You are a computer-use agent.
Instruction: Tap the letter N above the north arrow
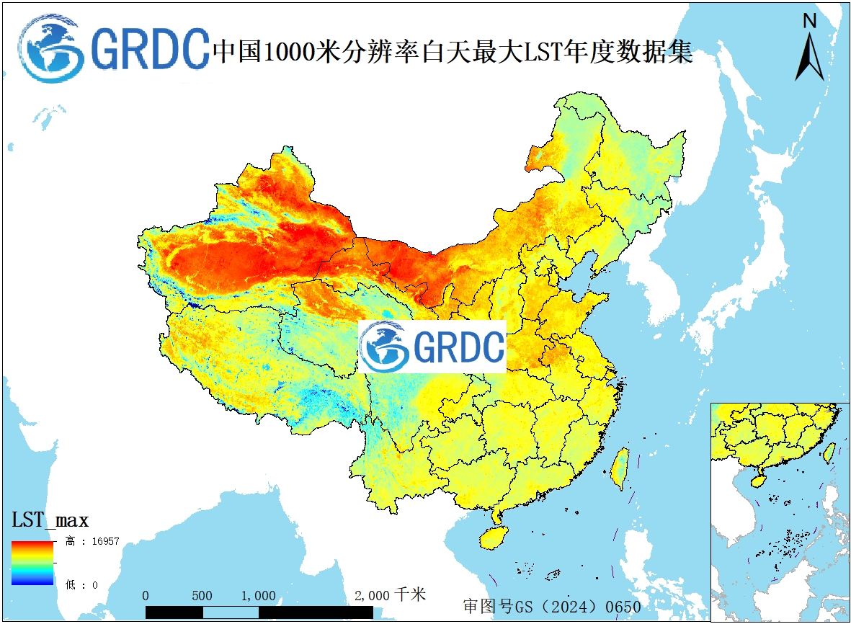810,22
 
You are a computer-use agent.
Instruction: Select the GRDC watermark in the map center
432,347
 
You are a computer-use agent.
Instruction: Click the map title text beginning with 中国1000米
453,51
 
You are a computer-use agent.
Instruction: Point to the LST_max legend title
50,520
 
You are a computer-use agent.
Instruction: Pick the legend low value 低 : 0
81,584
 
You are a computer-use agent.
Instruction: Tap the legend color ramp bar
32,563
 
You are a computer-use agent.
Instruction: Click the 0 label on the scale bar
146,596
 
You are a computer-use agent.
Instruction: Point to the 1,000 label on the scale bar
258,596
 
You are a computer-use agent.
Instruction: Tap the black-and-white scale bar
259,612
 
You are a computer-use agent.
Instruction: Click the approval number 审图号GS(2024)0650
552,607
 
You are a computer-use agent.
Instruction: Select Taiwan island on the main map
619,468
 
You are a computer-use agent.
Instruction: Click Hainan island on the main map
494,537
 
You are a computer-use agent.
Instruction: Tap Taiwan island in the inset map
829,453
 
